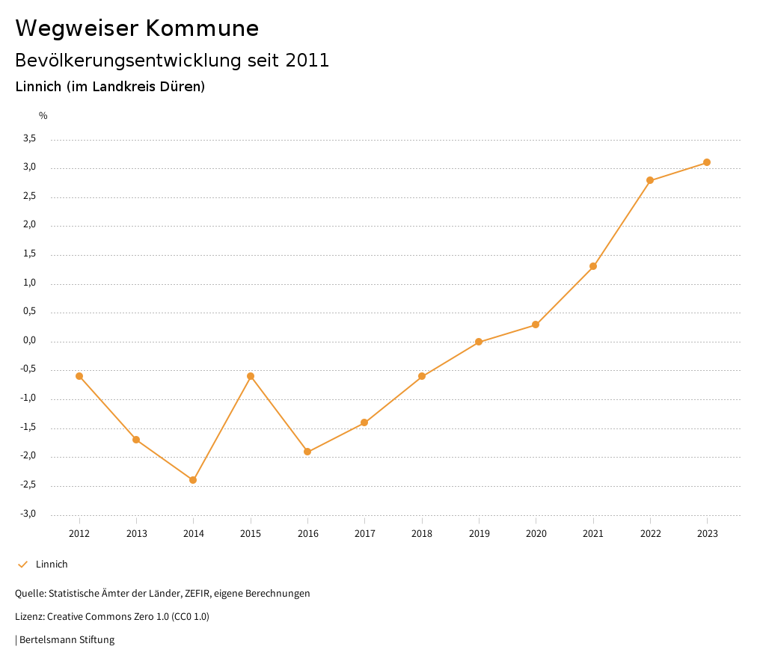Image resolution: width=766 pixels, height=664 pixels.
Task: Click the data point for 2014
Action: [193, 480]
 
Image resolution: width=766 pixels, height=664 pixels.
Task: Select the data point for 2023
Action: [707, 162]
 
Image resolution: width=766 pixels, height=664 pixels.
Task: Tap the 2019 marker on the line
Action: [479, 342]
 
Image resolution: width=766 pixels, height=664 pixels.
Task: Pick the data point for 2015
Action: [251, 376]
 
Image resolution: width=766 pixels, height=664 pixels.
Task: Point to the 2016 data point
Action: [307, 452]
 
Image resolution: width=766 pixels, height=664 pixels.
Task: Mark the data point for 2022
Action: [650, 180]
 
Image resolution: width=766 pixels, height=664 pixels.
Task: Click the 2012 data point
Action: [79, 376]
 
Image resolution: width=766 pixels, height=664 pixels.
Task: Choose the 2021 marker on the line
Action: [593, 266]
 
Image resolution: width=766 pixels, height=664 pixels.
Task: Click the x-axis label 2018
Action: [422, 534]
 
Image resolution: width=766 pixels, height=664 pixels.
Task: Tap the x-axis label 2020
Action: [536, 534]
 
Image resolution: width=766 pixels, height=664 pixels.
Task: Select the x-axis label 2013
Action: [136, 534]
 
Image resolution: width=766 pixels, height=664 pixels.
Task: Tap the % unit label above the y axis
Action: [43, 116]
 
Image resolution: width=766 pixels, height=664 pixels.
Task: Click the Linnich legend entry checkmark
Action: [22, 565]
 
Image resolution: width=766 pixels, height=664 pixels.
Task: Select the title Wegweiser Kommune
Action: [137, 28]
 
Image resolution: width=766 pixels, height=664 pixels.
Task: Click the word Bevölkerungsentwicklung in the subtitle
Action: [128, 61]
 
